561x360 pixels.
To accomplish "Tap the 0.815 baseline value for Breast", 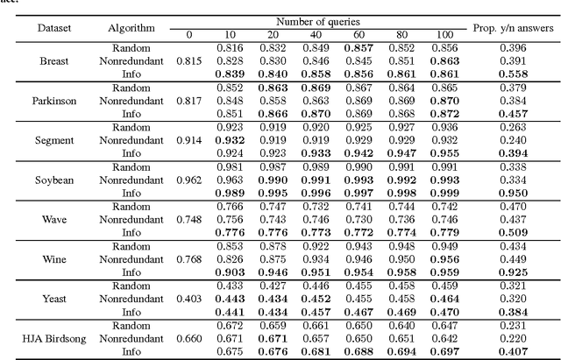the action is coord(188,61).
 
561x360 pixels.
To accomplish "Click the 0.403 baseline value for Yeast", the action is coord(188,297).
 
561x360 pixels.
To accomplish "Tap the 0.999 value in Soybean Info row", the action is coord(444,192).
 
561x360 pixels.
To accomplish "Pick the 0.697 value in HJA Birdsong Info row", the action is coord(444,349).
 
